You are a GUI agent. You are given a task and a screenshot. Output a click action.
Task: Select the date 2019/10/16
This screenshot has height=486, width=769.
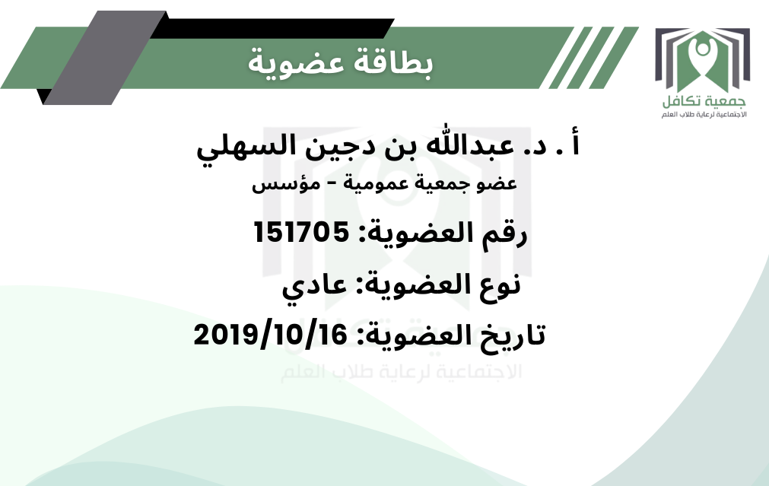pos(271,335)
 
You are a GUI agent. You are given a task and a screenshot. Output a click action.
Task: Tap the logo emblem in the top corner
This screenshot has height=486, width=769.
pos(702,61)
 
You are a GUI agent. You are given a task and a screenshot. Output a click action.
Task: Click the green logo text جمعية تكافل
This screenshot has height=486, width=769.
pos(704,101)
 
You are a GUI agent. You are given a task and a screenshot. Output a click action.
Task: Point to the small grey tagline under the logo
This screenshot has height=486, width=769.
pos(704,115)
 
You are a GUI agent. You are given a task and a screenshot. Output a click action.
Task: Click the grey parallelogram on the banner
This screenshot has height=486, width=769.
pos(106,58)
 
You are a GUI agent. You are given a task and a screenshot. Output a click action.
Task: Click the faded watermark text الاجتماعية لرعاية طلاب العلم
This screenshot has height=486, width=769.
pos(401,371)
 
